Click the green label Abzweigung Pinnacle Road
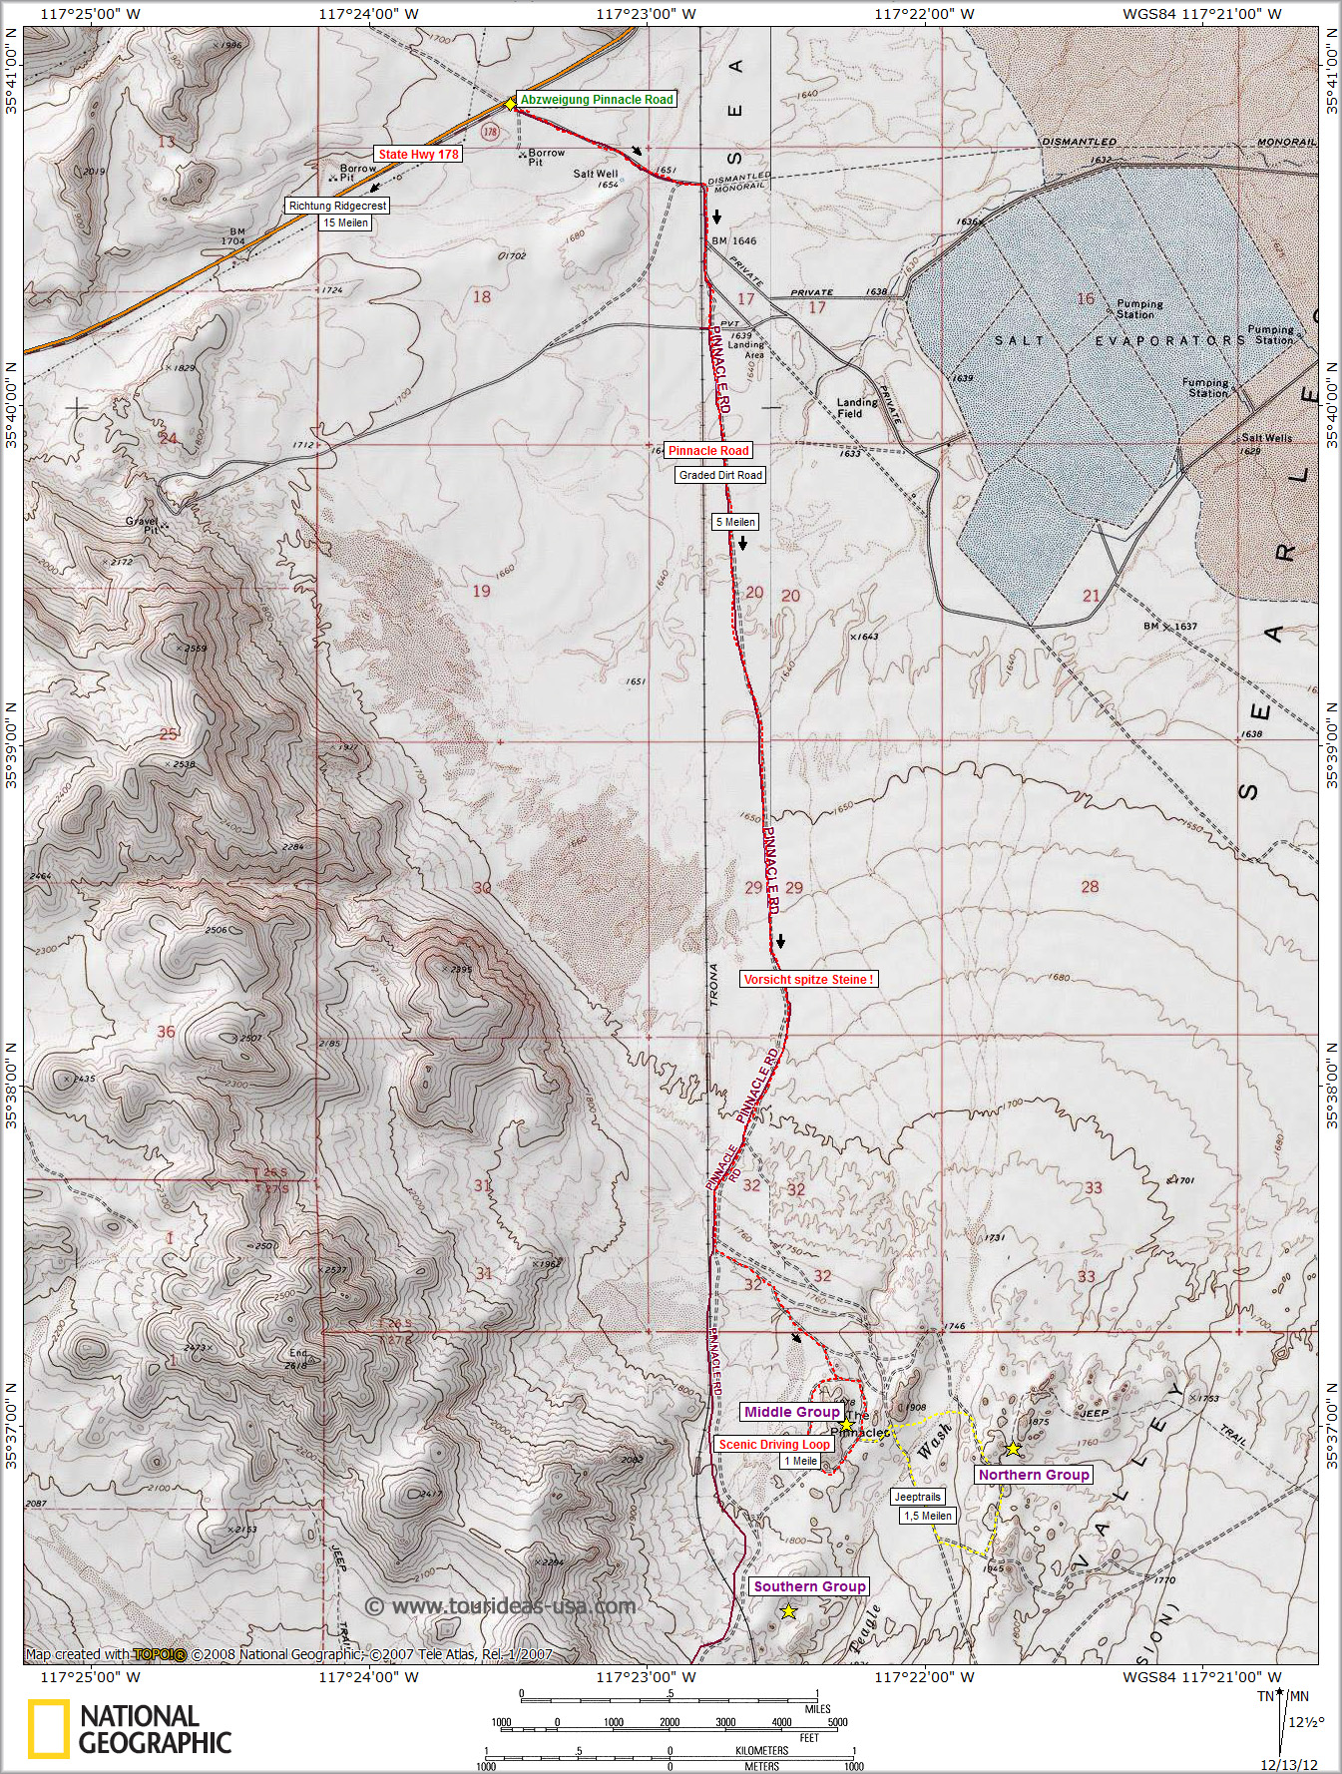tap(597, 100)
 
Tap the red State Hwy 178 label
tap(419, 155)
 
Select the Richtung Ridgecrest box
tap(337, 206)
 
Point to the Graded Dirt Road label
tap(720, 475)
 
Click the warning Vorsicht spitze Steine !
tap(809, 980)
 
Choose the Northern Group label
tap(1034, 1475)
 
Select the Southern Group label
tap(809, 1586)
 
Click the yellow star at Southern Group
tap(788, 1611)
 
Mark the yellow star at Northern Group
tap(1013, 1449)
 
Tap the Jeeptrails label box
tap(916, 1497)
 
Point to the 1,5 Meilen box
tap(928, 1516)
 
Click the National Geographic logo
tap(130, 1729)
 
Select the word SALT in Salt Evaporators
tap(1018, 340)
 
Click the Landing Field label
tap(857, 408)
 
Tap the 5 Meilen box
tap(734, 522)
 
